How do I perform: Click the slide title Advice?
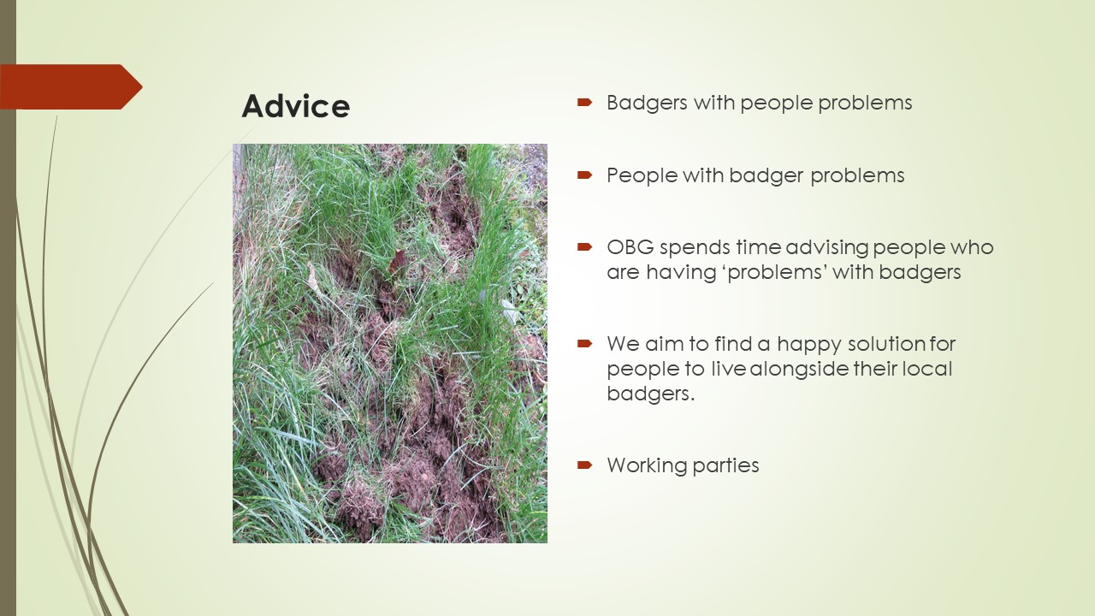coord(296,105)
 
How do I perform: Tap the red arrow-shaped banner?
coord(71,86)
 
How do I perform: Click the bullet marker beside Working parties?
coord(584,465)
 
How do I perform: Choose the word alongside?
coord(799,369)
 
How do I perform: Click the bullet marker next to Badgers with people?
coord(584,102)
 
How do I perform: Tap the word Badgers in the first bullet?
coord(648,104)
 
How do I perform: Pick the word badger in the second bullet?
coord(766,176)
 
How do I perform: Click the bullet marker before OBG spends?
coord(584,247)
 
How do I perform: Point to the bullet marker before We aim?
coord(584,344)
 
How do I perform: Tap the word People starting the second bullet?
coord(642,175)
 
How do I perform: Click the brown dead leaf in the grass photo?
coord(397,262)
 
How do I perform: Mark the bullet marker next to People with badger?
coord(584,175)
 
